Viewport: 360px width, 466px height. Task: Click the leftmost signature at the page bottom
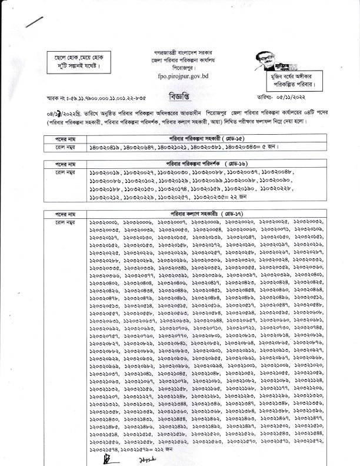point(108,457)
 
